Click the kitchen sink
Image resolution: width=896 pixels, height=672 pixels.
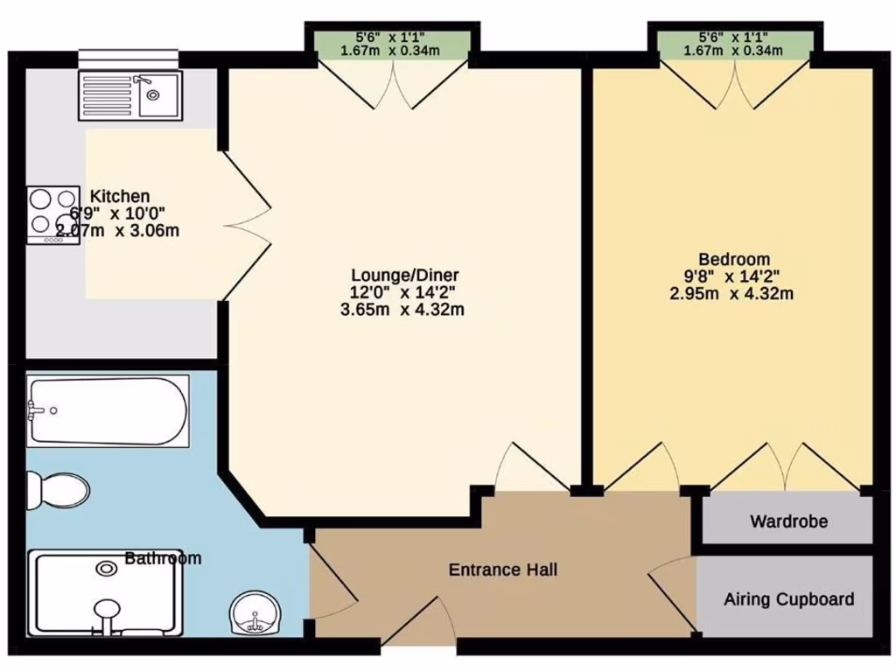(130, 94)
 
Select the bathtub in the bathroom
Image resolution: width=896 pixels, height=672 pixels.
(107, 411)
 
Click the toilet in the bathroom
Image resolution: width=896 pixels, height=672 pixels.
(57, 490)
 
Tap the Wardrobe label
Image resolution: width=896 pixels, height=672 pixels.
(788, 522)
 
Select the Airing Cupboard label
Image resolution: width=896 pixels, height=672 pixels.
(788, 599)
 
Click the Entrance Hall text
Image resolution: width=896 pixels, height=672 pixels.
(503, 570)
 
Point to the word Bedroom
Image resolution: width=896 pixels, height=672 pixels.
(734, 259)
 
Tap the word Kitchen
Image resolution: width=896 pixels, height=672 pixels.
(120, 196)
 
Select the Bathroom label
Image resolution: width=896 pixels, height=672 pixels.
(163, 558)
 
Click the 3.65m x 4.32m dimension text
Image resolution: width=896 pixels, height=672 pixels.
(403, 310)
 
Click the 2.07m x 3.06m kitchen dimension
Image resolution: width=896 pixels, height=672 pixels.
(118, 231)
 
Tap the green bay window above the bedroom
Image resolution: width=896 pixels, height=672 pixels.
(734, 45)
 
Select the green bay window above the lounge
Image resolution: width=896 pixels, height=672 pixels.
(391, 45)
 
